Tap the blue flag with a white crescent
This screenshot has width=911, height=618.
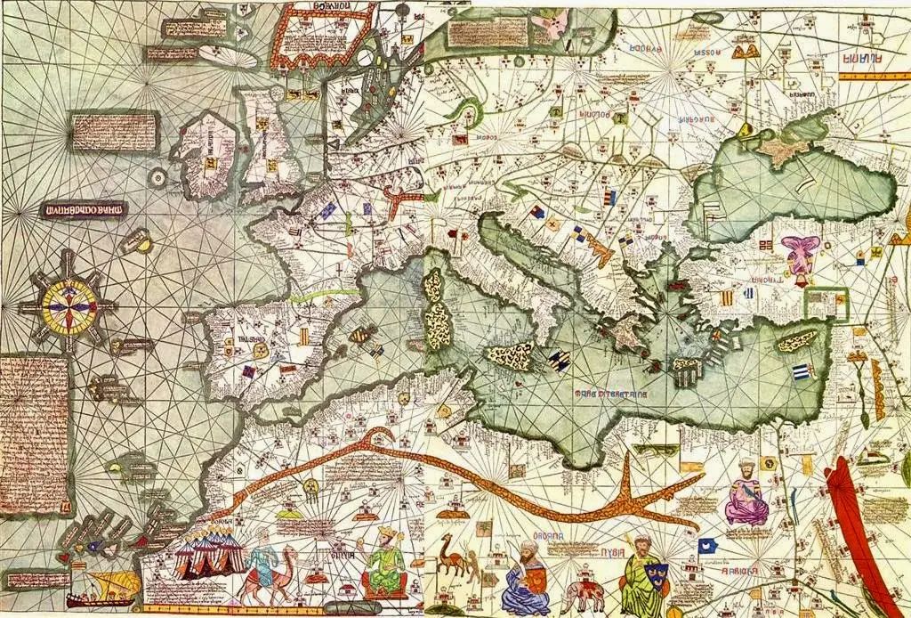click(x=708, y=545)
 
